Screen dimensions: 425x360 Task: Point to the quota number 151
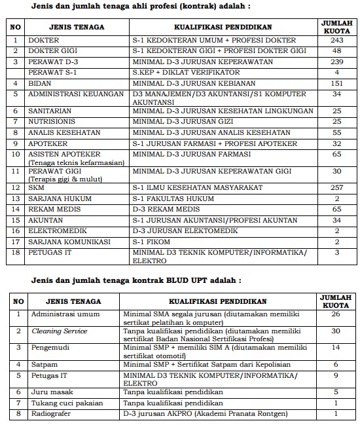337,84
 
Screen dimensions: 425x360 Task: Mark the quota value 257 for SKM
337,188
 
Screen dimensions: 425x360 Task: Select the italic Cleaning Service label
60,331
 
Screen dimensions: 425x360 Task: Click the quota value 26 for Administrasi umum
336,314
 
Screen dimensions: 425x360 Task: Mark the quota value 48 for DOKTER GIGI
337,51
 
